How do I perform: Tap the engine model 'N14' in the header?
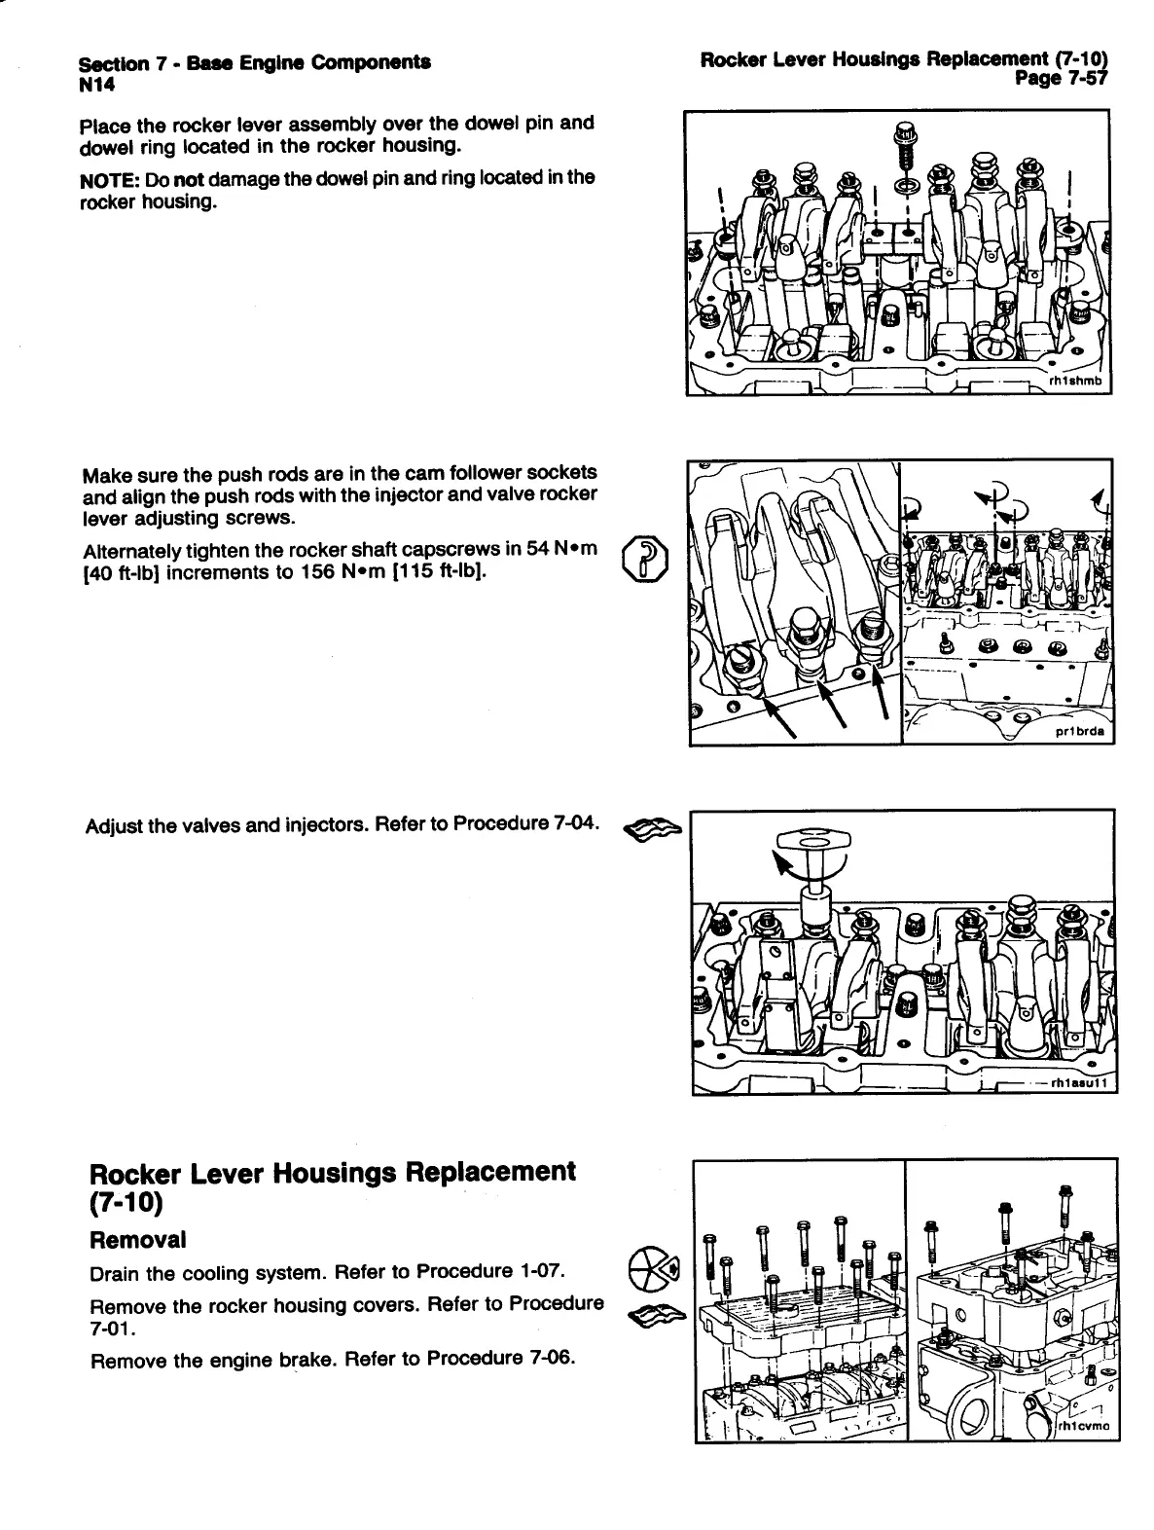(97, 86)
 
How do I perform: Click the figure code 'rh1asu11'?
(1079, 1081)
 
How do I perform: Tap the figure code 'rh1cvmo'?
(1085, 1429)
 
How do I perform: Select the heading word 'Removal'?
(137, 1240)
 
